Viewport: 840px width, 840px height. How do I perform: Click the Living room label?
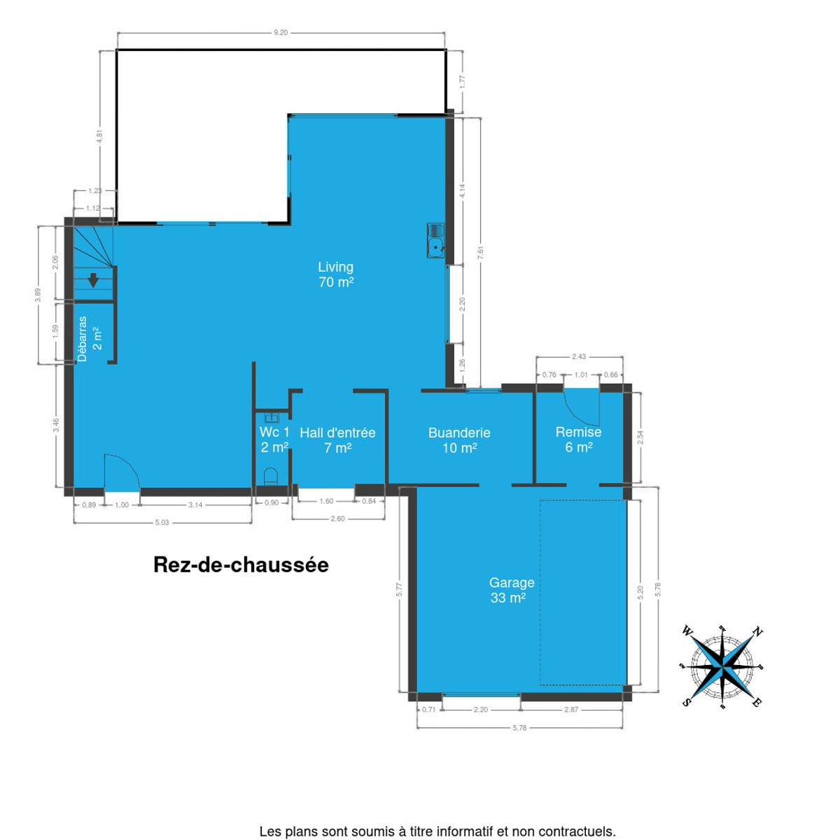[x=335, y=274]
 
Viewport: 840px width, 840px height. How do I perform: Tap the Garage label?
[x=511, y=590]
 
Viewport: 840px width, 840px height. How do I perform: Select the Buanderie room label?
[x=459, y=440]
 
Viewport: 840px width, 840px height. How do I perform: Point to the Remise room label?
[x=578, y=440]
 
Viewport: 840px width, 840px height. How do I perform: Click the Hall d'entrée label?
[x=337, y=440]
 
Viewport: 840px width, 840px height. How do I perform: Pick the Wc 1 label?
[x=274, y=440]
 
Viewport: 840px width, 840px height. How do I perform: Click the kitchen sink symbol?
[x=435, y=241]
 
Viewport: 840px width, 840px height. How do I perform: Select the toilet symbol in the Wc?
[x=271, y=476]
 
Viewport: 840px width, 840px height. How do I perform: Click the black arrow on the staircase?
[x=93, y=280]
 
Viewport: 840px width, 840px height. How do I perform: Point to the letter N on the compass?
[x=758, y=631]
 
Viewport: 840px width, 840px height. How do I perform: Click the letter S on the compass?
[x=687, y=702]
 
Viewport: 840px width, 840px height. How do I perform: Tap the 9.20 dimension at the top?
[x=280, y=32]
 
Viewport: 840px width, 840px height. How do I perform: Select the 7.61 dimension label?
[x=480, y=253]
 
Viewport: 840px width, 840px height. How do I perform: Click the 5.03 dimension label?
[x=162, y=522]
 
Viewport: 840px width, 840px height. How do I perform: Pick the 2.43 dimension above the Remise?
[x=578, y=356]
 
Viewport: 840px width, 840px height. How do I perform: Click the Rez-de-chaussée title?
[x=241, y=565]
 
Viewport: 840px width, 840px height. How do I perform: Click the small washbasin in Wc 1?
[x=272, y=419]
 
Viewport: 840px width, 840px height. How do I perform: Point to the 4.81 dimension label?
[x=100, y=137]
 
